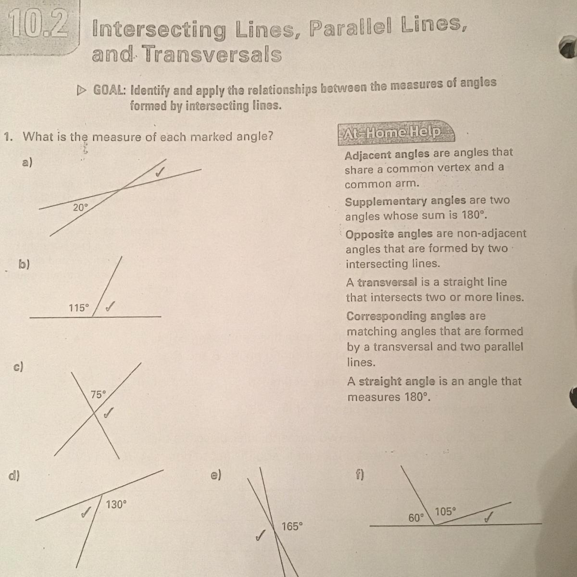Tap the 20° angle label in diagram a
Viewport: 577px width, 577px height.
[x=81, y=207]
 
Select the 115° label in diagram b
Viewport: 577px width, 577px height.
[x=79, y=308]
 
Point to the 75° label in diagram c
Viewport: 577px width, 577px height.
[x=98, y=395]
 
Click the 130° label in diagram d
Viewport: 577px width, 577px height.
[x=116, y=504]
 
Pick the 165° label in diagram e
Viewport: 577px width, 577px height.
[x=292, y=526]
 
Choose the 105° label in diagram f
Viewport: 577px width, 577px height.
[x=445, y=512]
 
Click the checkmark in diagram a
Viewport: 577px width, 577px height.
[x=160, y=172]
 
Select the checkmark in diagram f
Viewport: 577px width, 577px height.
[x=489, y=517]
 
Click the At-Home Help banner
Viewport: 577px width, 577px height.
[x=396, y=133]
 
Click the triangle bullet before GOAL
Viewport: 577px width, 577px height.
[x=81, y=90]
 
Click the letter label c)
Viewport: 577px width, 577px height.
[x=18, y=366]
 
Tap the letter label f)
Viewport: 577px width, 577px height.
[x=360, y=475]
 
